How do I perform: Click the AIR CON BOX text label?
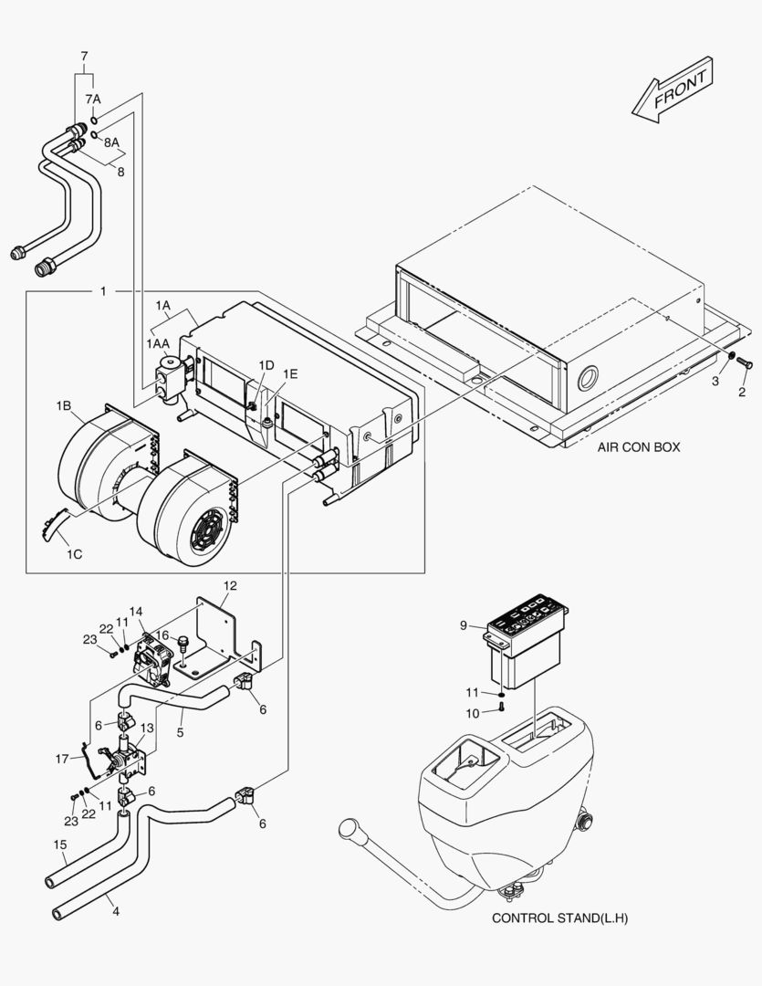pyautogui.click(x=639, y=447)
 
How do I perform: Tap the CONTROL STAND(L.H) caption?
pyautogui.click(x=559, y=918)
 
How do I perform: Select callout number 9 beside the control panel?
pyautogui.click(x=464, y=625)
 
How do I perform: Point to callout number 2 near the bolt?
pyautogui.click(x=742, y=392)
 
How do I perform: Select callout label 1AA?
pyautogui.click(x=157, y=342)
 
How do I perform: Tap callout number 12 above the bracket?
pyautogui.click(x=230, y=584)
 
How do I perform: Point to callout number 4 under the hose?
pyautogui.click(x=114, y=909)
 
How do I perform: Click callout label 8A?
pyautogui.click(x=110, y=142)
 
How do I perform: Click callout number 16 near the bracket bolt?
pyautogui.click(x=162, y=635)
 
